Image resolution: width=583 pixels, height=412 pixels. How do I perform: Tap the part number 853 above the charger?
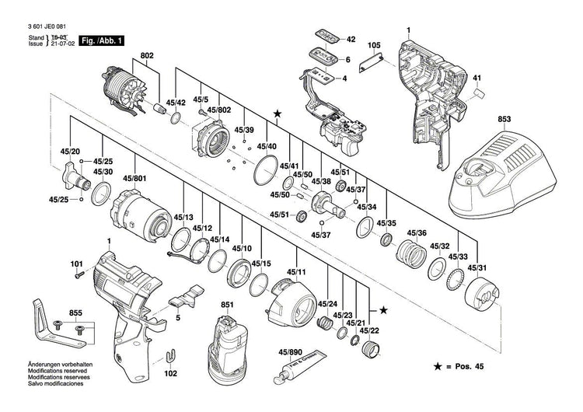[x=505, y=120]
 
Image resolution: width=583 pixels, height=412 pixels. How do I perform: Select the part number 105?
[x=373, y=46]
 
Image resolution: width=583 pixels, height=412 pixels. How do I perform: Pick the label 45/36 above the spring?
[x=416, y=234]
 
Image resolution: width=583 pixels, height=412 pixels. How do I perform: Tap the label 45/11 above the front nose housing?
[x=295, y=272]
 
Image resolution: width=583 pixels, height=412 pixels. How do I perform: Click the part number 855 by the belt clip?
[x=75, y=312]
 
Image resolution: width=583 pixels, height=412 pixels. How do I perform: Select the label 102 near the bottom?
[x=171, y=373]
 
